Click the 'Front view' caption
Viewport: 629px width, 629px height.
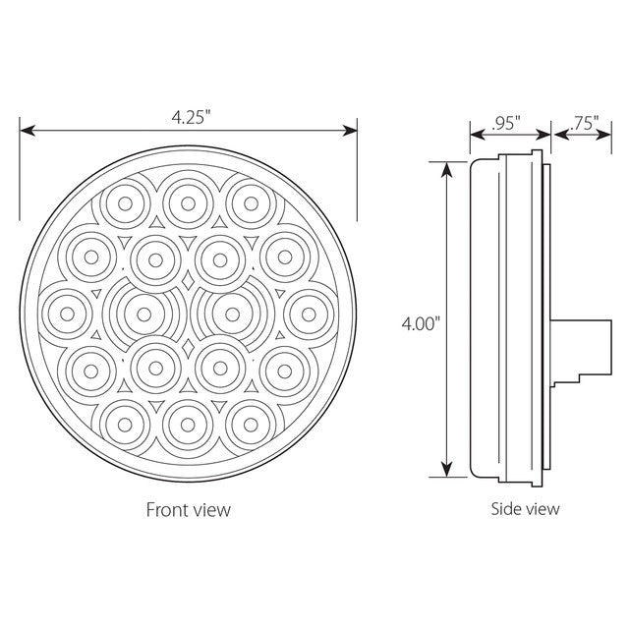tap(189, 509)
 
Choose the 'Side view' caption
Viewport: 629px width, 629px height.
tap(525, 508)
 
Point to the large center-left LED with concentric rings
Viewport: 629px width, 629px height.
tap(144, 314)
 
